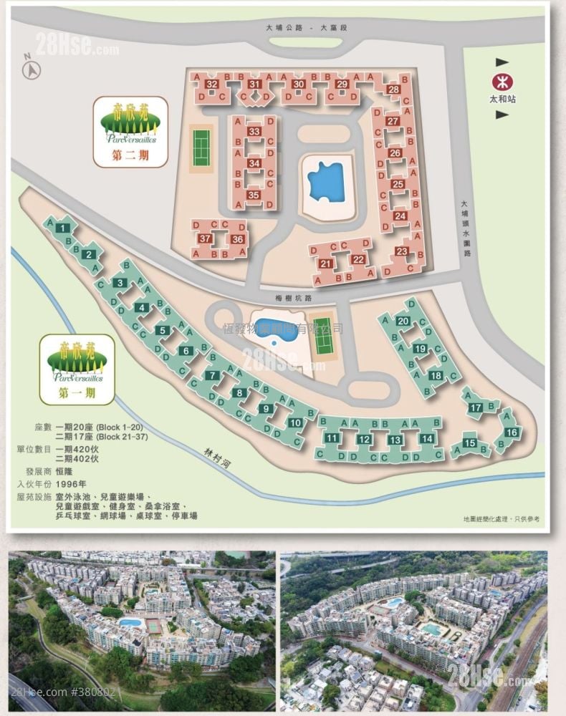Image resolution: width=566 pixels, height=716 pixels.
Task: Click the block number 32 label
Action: tap(211, 84)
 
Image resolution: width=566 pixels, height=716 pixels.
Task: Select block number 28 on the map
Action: tap(393, 89)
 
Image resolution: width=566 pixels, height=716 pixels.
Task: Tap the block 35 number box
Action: tap(253, 195)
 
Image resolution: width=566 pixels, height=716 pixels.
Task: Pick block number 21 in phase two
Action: tap(326, 264)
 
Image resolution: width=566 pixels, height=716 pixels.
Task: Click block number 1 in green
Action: tap(64, 228)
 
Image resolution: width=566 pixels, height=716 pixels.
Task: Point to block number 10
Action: tap(295, 422)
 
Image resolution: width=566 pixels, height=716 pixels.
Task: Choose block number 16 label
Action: tap(511, 432)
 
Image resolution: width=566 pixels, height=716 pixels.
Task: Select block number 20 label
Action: tap(403, 321)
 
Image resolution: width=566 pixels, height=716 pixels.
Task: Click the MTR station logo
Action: tap(502, 81)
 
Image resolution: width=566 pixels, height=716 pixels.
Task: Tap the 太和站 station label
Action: tap(502, 100)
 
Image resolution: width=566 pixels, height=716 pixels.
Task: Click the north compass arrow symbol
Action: tap(32, 69)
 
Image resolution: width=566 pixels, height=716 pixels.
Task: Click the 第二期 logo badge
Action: tap(130, 130)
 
